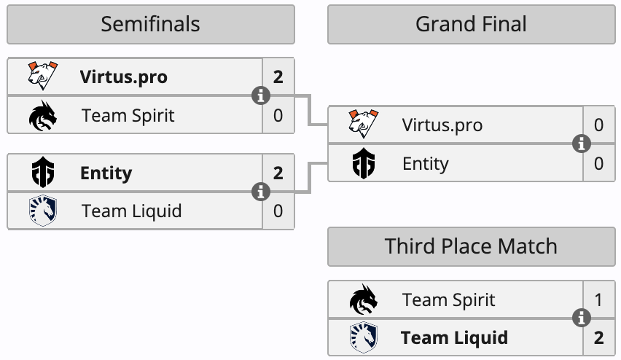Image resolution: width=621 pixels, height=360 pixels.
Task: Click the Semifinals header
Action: pyautogui.click(x=150, y=24)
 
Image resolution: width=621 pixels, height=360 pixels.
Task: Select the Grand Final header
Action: pyautogui.click(x=471, y=24)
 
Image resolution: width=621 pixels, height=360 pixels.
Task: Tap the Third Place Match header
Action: pyautogui.click(x=471, y=246)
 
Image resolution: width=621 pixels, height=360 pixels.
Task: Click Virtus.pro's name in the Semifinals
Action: pyautogui.click(x=123, y=77)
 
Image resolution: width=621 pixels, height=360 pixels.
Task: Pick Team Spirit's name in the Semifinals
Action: pyautogui.click(x=128, y=115)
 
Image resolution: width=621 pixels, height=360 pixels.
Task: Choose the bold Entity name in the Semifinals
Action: pyautogui.click(x=106, y=173)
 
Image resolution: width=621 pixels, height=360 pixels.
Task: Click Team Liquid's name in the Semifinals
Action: pyautogui.click(x=131, y=211)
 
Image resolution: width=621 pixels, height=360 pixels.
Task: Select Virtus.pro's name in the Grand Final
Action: pyautogui.click(x=442, y=125)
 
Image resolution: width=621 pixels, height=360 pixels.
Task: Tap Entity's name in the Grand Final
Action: pyautogui.click(x=426, y=163)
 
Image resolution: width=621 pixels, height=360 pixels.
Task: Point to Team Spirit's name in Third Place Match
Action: pyautogui.click(x=448, y=300)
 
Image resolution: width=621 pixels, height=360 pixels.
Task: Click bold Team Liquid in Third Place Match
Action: pyautogui.click(x=454, y=338)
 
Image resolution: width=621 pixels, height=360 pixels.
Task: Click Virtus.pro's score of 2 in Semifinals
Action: pyautogui.click(x=278, y=77)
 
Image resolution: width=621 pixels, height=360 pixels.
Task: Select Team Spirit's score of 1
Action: pyautogui.click(x=598, y=300)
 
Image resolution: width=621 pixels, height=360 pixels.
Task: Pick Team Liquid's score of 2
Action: pyautogui.click(x=598, y=338)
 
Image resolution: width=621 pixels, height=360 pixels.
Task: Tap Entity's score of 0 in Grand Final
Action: pyautogui.click(x=598, y=163)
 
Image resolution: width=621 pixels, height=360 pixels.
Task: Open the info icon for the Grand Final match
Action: pyautogui.click(x=581, y=144)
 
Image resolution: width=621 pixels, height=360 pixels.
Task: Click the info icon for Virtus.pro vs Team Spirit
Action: pyautogui.click(x=260, y=95)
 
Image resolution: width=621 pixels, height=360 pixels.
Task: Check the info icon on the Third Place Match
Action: pyautogui.click(x=581, y=318)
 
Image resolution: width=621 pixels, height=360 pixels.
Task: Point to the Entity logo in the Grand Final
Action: pyautogui.click(x=362, y=163)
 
